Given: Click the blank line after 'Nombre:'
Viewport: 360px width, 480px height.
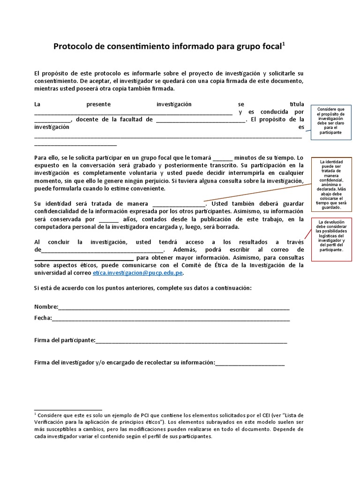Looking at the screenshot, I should [x=174, y=308].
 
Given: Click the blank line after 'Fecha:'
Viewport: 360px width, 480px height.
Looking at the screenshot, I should [x=171, y=319].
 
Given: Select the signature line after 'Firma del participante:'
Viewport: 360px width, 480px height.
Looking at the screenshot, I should [x=191, y=341].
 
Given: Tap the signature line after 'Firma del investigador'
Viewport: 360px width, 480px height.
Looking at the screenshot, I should [x=249, y=363].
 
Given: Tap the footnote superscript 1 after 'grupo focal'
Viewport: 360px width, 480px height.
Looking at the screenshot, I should [x=284, y=43].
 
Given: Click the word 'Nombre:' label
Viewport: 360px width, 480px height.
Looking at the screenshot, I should [x=46, y=307].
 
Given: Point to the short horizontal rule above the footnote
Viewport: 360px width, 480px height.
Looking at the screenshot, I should [x=68, y=410].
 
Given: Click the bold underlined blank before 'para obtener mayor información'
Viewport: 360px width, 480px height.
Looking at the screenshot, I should [x=84, y=258].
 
